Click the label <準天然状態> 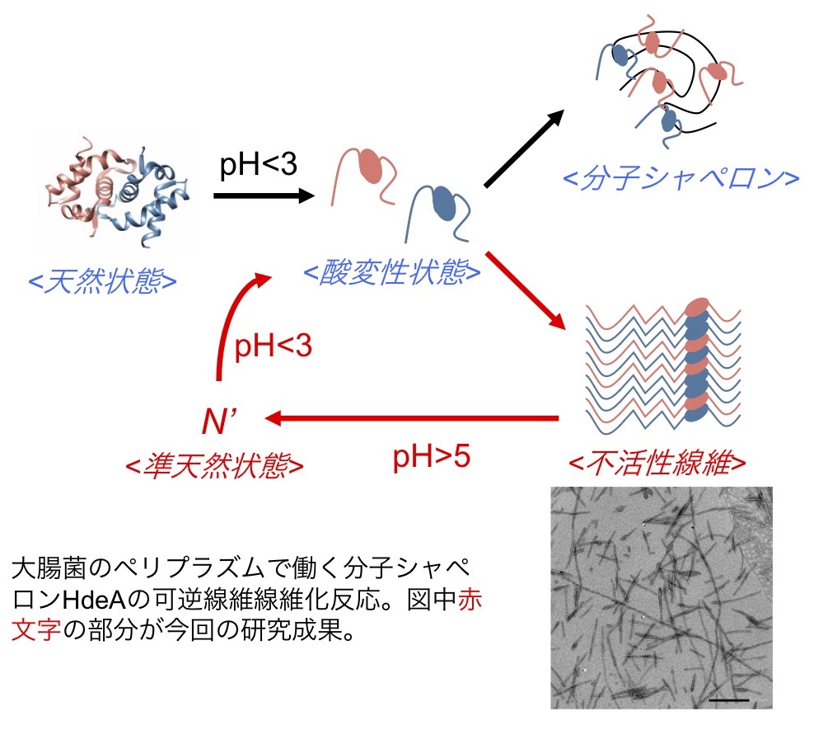click(x=214, y=465)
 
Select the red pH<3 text click(x=274, y=347)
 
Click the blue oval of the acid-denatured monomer click(x=443, y=200)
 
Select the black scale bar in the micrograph click(x=728, y=699)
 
